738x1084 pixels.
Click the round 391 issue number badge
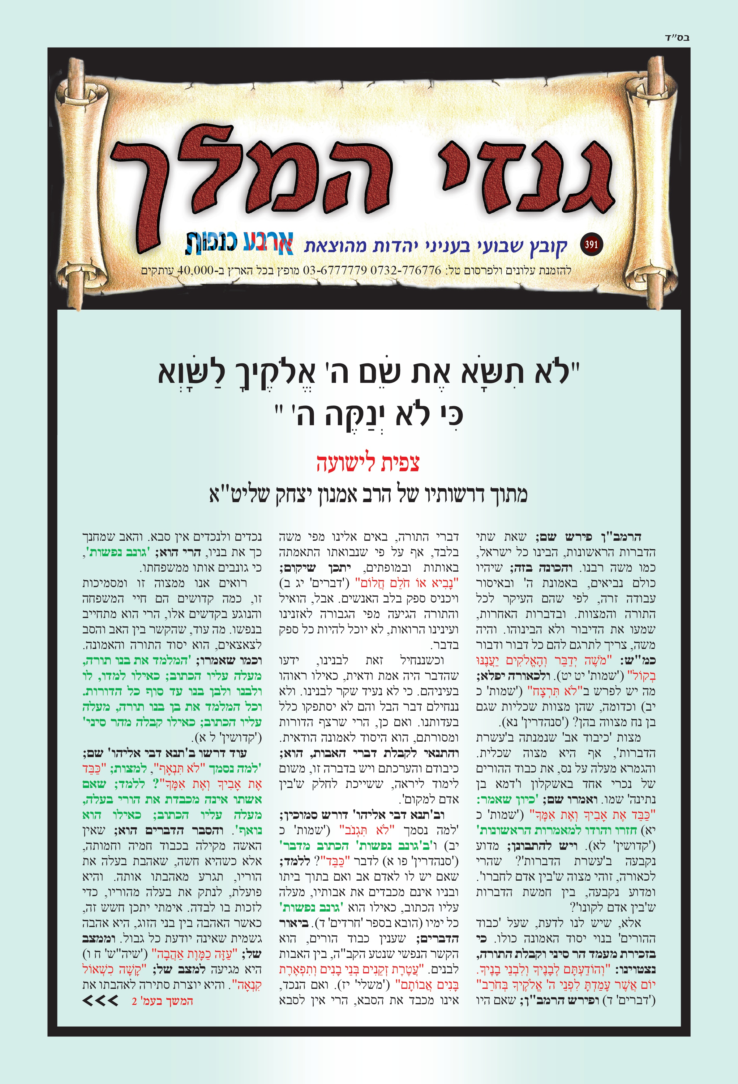[591, 244]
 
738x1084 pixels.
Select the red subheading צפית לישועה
[368, 463]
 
